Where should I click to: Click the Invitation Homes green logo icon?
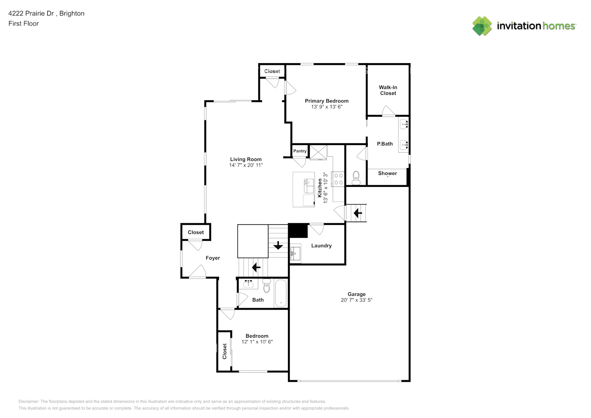[x=482, y=26]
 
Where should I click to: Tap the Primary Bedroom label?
[x=326, y=101]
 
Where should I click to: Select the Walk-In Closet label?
[x=388, y=90]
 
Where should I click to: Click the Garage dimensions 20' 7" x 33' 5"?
[x=356, y=300]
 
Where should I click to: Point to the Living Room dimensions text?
[x=246, y=165]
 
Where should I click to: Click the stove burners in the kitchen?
[x=339, y=179]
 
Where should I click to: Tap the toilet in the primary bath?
[x=356, y=178]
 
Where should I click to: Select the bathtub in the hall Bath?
[x=281, y=293]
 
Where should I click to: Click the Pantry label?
[x=300, y=151]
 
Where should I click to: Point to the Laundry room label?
[x=321, y=246]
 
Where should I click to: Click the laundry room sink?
[x=295, y=252]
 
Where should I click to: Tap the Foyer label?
[x=213, y=258]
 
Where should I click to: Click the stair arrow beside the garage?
[x=358, y=213]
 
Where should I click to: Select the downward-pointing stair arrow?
[x=278, y=245]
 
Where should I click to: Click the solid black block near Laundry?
[x=298, y=231]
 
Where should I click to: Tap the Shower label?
[x=387, y=173]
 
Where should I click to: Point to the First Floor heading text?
[x=23, y=23]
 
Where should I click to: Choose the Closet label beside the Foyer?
[x=196, y=232]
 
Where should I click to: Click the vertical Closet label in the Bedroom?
[x=224, y=351]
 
